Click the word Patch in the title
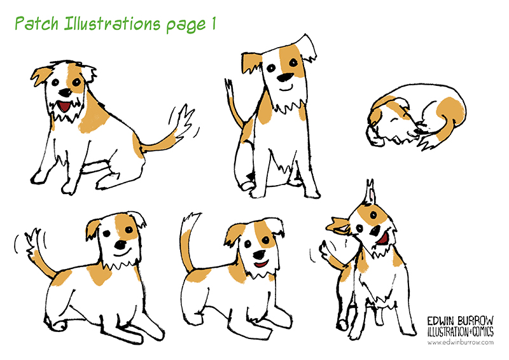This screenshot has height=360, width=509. pos(37,24)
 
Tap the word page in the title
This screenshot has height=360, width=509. pos(186,25)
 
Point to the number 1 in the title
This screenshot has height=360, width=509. pos(214,24)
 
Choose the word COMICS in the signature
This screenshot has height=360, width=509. pos(483,332)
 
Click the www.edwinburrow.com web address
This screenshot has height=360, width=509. pos(460,342)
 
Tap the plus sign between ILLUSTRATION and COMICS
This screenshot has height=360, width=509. pos(470,332)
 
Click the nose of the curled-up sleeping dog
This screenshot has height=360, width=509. pos(417,132)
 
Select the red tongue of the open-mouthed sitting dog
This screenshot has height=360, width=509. pos(65,106)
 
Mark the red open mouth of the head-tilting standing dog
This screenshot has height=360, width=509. pos(383,239)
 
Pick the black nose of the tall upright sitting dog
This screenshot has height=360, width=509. pos(285,77)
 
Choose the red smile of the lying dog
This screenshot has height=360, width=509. pos(261,264)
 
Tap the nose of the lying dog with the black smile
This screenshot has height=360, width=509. pos(121,244)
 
